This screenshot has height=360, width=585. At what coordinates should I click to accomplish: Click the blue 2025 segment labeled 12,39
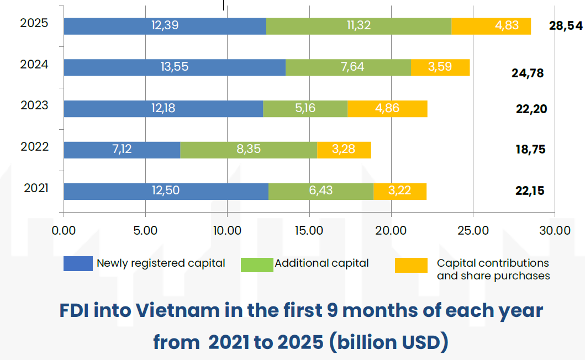pyautogui.click(x=165, y=26)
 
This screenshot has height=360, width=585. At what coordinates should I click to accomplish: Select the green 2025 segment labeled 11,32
pyautogui.click(x=359, y=26)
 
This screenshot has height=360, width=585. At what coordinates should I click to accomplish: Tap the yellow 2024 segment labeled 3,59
pyautogui.click(x=440, y=67)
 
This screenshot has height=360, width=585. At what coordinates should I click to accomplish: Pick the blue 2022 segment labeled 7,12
pyautogui.click(x=122, y=150)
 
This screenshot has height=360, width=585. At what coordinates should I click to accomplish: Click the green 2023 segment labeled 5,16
pyautogui.click(x=305, y=108)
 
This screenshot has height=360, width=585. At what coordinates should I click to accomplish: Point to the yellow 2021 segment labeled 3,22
pyautogui.click(x=399, y=191)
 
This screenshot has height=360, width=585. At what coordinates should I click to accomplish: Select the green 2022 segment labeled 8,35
pyautogui.click(x=249, y=150)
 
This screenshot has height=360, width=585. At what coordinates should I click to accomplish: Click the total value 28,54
pyautogui.click(x=566, y=26)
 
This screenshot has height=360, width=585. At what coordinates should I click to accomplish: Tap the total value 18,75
pyautogui.click(x=530, y=150)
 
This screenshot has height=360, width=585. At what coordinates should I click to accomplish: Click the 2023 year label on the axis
pyautogui.click(x=34, y=105)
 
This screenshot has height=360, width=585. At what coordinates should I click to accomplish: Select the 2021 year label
pyautogui.click(x=36, y=188)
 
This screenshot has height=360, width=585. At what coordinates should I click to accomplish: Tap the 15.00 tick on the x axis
pyautogui.click(x=309, y=230)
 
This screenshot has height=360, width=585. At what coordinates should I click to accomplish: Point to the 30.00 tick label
pyautogui.click(x=554, y=230)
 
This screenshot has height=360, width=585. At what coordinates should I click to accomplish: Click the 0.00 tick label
pyautogui.click(x=64, y=230)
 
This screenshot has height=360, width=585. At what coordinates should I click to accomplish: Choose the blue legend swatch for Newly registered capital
pyautogui.click(x=78, y=264)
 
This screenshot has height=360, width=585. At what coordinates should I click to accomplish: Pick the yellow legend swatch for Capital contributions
pyautogui.click(x=411, y=265)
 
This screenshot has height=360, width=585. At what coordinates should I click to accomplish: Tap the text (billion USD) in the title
pyautogui.click(x=389, y=342)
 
